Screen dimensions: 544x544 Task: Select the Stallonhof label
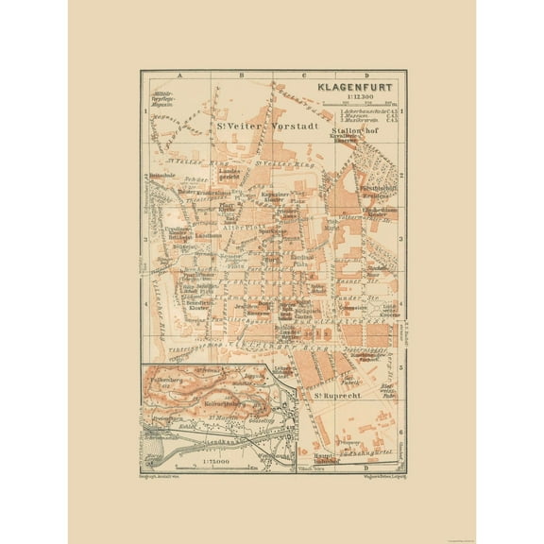pyautogui.click(x=356, y=132)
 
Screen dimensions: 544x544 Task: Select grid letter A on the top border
pyautogui.click(x=168, y=75)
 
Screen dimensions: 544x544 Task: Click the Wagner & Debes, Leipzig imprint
pyautogui.click(x=370, y=476)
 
